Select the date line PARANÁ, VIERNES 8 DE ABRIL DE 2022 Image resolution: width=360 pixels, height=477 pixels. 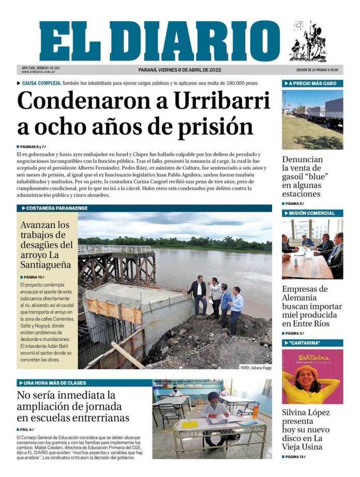(179, 70)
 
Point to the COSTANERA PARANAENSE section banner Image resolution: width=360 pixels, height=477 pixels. (55, 208)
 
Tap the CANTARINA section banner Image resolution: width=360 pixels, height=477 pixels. (305, 343)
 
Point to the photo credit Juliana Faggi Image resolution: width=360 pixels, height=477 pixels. (256, 367)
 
